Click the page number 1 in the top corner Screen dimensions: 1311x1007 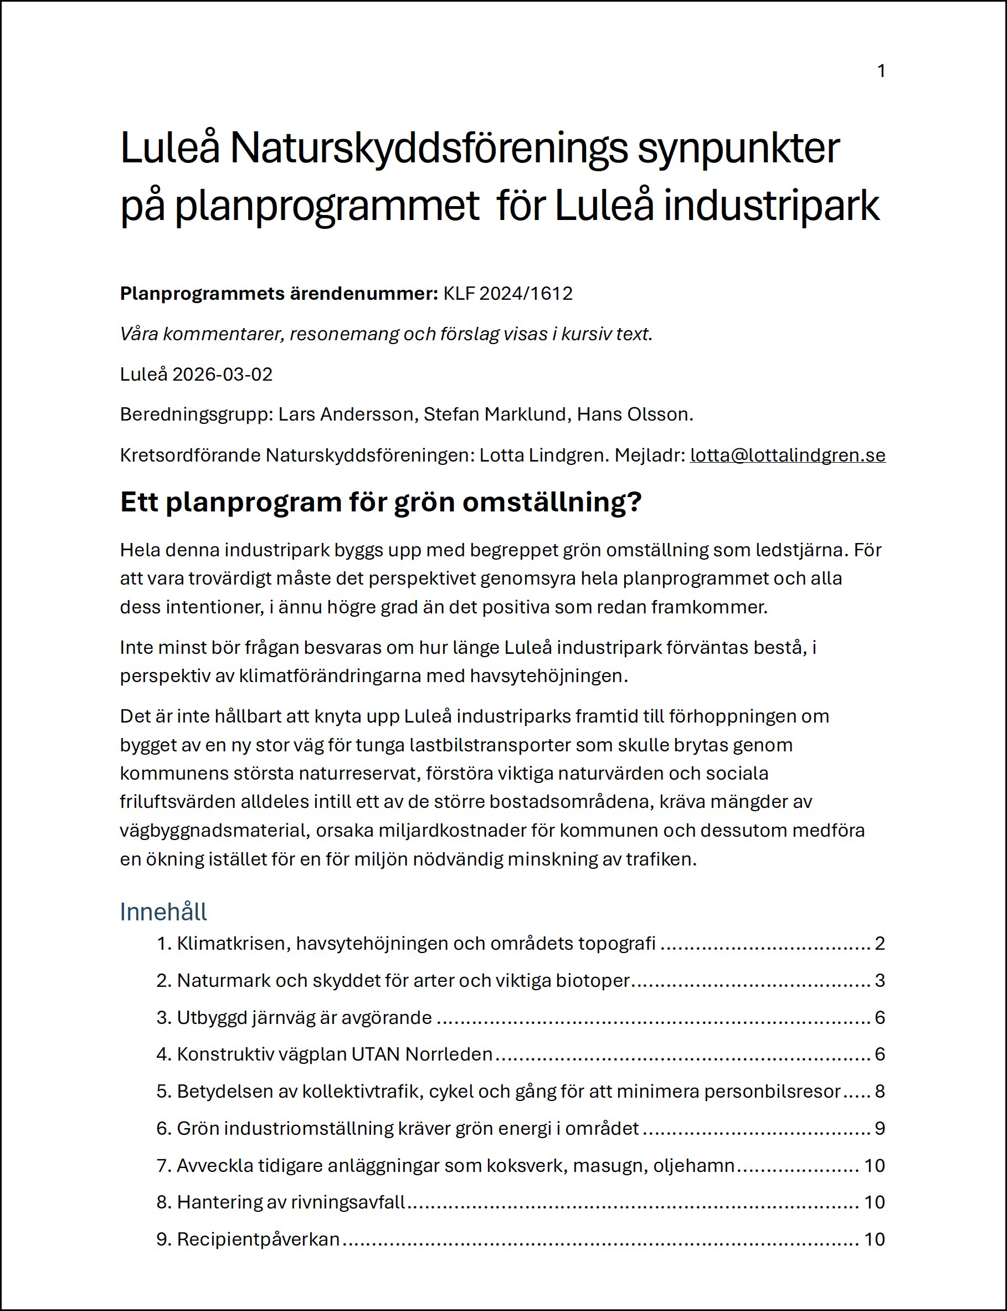coord(881,71)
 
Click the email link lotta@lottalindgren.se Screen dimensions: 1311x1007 coord(787,455)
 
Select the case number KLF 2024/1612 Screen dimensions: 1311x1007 coord(508,293)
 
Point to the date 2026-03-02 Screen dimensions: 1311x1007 coord(222,374)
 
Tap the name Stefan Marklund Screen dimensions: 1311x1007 coord(495,414)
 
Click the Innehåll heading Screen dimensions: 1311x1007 coord(163,911)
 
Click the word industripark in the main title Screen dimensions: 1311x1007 coord(771,205)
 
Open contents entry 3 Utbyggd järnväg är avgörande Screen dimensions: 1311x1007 coord(304,1017)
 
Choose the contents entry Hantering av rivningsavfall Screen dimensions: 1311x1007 coord(291,1202)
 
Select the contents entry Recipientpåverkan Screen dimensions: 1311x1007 coord(258,1239)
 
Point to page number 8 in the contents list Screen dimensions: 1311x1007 coord(880,1091)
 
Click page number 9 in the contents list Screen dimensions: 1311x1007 coord(880,1128)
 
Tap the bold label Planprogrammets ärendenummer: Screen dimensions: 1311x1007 coord(279,293)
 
